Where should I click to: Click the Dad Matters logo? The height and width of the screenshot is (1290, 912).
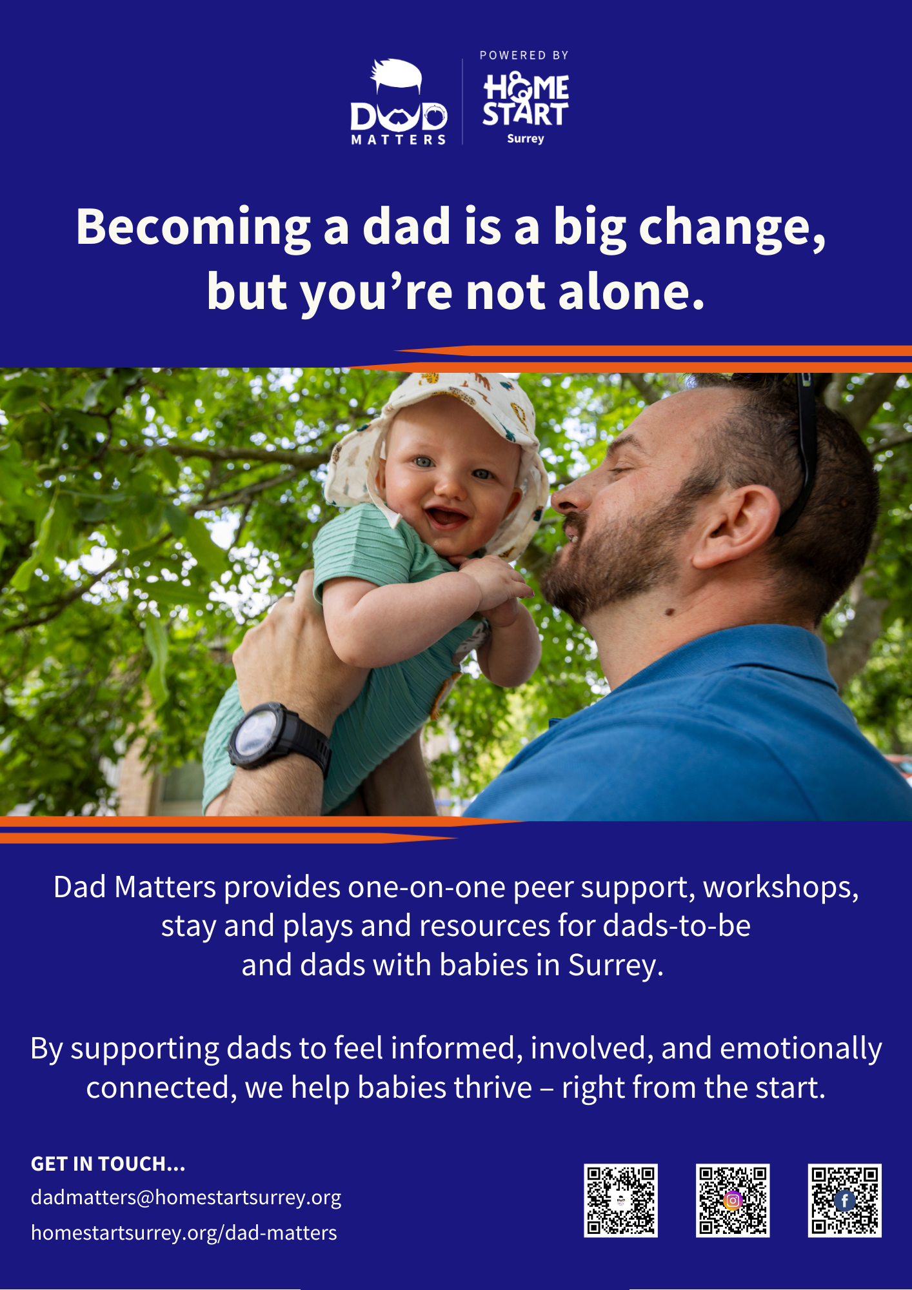[399, 102]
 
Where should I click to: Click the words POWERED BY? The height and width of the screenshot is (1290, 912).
[524, 55]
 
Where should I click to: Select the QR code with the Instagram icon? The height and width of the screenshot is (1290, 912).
[733, 1200]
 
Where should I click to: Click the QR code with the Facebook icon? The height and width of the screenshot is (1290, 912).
[844, 1200]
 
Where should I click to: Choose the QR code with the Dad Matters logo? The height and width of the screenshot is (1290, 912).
[620, 1200]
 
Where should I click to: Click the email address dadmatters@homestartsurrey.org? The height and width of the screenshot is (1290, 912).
[186, 1198]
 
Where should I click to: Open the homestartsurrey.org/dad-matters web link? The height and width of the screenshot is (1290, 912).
[184, 1233]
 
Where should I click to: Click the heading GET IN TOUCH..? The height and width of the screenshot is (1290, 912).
[108, 1164]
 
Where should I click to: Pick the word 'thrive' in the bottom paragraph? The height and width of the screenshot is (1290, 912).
[493, 1087]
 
